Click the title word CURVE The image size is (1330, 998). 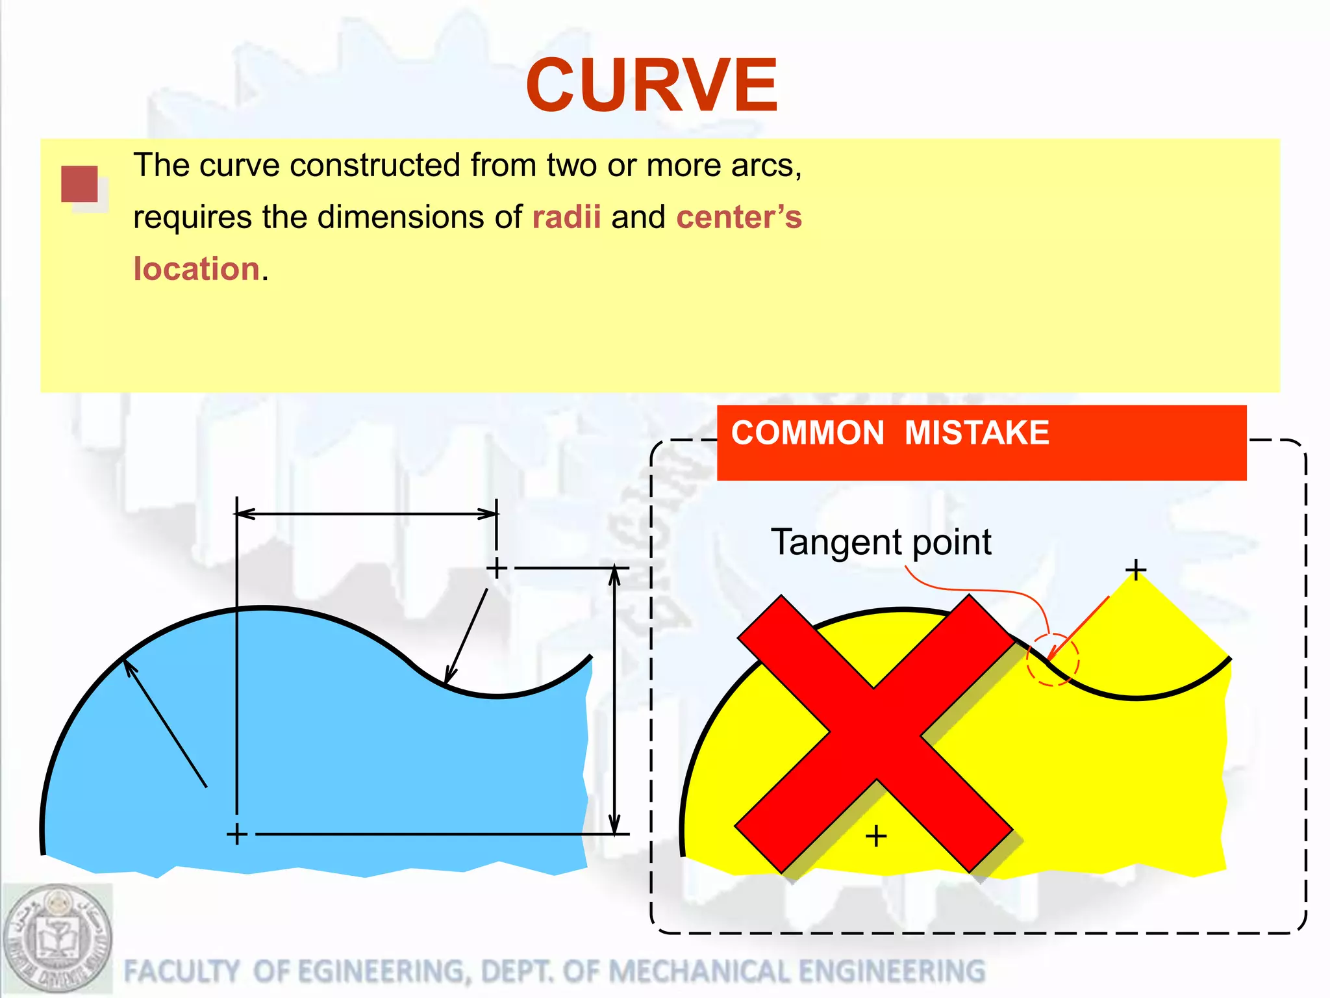point(651,85)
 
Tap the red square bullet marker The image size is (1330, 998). point(80,185)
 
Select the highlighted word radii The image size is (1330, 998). point(566,217)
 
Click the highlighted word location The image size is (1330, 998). point(197,269)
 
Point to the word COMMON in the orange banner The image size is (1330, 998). point(807,433)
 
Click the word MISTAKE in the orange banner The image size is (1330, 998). point(977,433)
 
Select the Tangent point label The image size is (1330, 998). point(881,542)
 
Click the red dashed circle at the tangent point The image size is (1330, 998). point(1052,659)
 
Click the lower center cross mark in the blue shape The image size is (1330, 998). point(237,834)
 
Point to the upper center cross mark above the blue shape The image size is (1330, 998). point(497,568)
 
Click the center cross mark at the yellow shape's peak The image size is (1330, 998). point(1136,570)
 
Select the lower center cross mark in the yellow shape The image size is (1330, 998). point(876,836)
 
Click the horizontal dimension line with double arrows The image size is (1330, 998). point(367,514)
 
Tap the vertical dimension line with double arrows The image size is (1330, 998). point(615,700)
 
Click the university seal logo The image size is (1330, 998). point(57,940)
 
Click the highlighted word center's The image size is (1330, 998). point(739,217)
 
